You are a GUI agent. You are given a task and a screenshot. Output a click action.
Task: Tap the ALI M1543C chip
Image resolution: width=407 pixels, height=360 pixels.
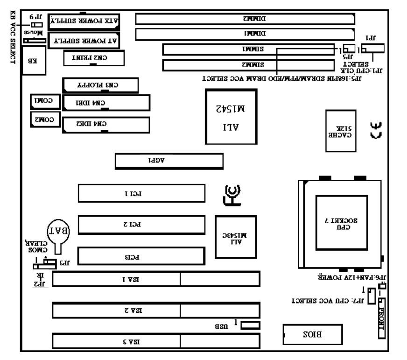[x=236, y=237]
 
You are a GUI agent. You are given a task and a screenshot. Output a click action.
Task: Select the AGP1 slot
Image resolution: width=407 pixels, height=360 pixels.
[x=169, y=162]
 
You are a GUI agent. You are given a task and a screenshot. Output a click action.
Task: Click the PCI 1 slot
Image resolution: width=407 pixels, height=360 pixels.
[x=141, y=193]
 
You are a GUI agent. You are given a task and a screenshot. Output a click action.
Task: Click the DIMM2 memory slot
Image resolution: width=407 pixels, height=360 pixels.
[x=245, y=19]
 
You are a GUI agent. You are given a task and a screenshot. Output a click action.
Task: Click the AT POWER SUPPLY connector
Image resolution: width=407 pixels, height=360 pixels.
[x=85, y=41]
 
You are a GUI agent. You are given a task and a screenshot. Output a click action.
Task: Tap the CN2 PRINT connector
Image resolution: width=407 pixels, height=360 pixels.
[x=94, y=58]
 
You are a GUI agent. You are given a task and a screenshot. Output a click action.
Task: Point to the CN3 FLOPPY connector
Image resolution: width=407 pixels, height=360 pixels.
[x=100, y=85]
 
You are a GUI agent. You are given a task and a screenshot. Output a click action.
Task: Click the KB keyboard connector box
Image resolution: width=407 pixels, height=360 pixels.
[x=33, y=61]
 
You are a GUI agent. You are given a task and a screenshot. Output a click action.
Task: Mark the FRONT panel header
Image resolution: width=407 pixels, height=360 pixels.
[x=382, y=319]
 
